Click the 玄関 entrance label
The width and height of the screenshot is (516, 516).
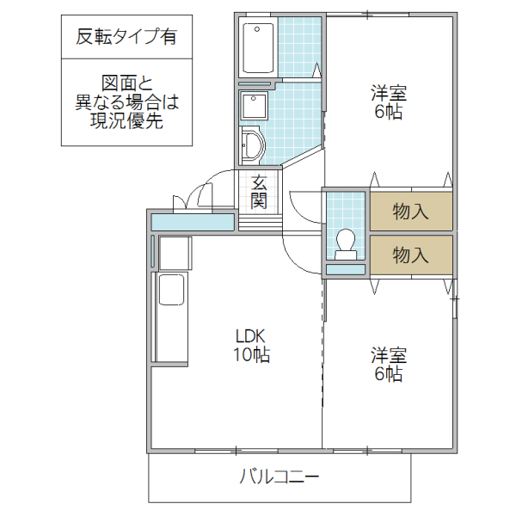click(x=259, y=192)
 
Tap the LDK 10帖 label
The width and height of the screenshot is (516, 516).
click(x=251, y=344)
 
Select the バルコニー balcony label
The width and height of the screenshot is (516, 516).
click(x=279, y=476)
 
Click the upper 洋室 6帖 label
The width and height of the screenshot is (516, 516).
click(x=389, y=101)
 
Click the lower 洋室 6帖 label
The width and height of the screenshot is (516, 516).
click(x=389, y=365)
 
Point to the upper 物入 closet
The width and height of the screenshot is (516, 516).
click(x=410, y=212)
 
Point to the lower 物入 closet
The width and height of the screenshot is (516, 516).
click(x=410, y=254)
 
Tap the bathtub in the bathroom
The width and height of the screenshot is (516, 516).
click(x=258, y=48)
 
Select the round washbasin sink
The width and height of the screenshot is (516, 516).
click(x=252, y=144)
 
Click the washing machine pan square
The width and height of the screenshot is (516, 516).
click(x=255, y=107)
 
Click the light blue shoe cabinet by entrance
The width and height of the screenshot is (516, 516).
click(x=193, y=222)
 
